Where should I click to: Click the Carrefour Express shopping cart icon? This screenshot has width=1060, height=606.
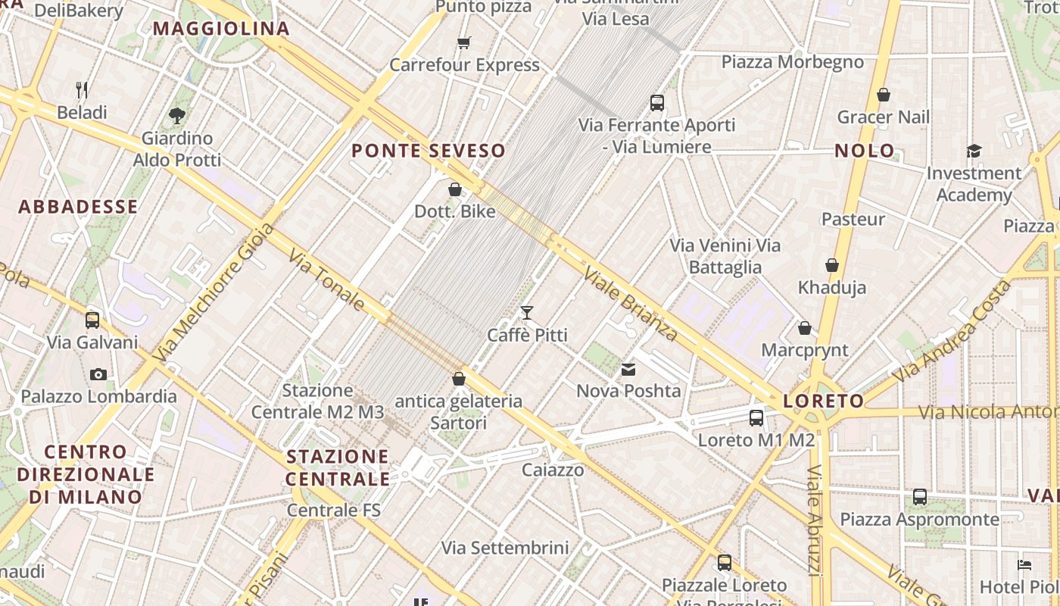pos(463,42)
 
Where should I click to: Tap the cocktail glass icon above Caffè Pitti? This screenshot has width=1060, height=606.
pos(527,312)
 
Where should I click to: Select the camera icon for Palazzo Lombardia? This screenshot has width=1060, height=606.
pos(98,374)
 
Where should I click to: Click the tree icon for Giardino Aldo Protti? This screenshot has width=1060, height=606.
pos(177,116)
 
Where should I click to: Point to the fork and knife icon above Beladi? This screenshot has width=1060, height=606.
pos(83,90)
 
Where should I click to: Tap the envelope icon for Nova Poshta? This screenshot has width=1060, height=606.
pos(628,370)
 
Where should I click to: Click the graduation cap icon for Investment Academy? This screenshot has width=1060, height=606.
pos(974,151)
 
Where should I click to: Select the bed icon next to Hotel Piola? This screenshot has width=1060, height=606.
pos(1024,565)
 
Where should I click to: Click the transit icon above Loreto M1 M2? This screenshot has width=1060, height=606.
pos(756,417)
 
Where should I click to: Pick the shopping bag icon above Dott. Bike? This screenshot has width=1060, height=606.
pos(455,189)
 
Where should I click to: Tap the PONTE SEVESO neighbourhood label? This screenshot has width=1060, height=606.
pos(429,151)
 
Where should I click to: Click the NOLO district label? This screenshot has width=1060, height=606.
pos(865,151)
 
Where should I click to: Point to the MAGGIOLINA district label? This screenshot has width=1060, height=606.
pos(221,29)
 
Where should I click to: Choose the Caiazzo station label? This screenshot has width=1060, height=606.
pos(553,470)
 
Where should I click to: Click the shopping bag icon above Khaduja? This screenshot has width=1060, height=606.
pos(832,265)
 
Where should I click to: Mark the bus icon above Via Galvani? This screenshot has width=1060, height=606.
pos(92,320)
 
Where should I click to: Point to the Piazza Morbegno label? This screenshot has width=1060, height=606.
pos(792,62)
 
